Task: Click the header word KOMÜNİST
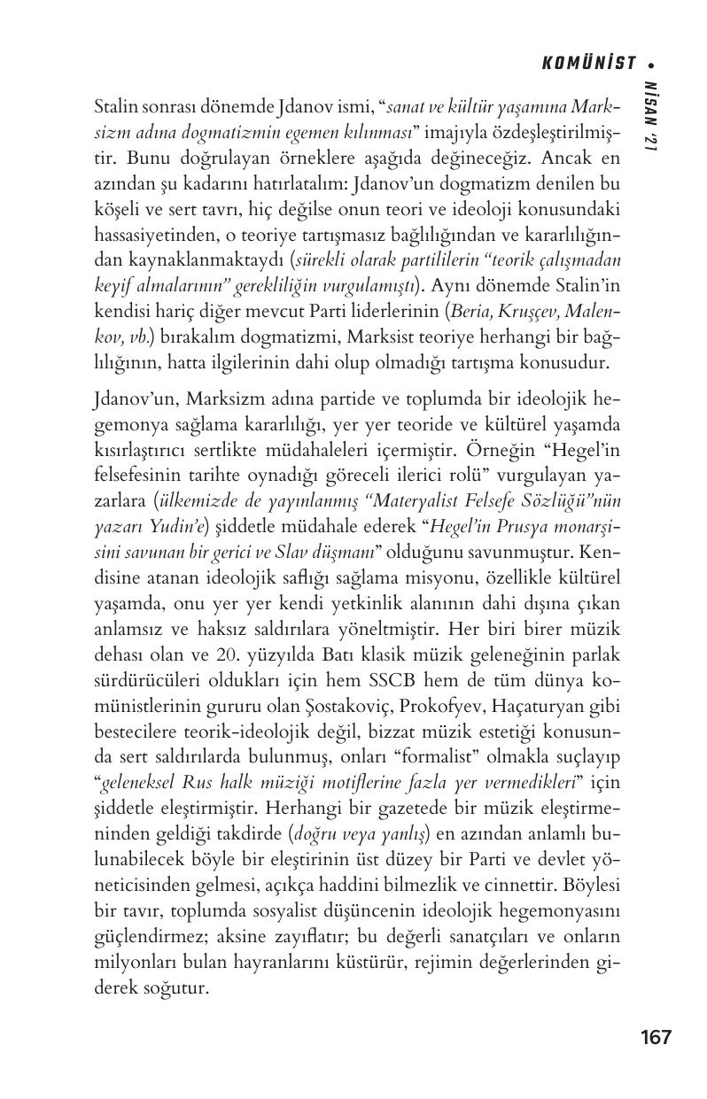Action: click(589, 63)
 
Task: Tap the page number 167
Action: click(656, 1037)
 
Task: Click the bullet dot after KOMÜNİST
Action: click(652, 64)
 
